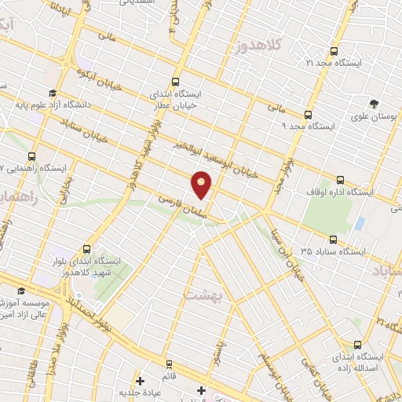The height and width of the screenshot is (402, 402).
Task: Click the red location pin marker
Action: (x=202, y=185)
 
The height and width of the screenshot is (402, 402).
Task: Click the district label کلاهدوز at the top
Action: (x=258, y=46)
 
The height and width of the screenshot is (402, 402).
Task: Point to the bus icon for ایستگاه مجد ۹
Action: (x=309, y=113)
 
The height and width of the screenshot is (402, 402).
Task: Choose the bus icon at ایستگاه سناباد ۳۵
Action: (x=334, y=239)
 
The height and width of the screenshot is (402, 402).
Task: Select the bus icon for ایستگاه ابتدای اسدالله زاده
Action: (x=359, y=344)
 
